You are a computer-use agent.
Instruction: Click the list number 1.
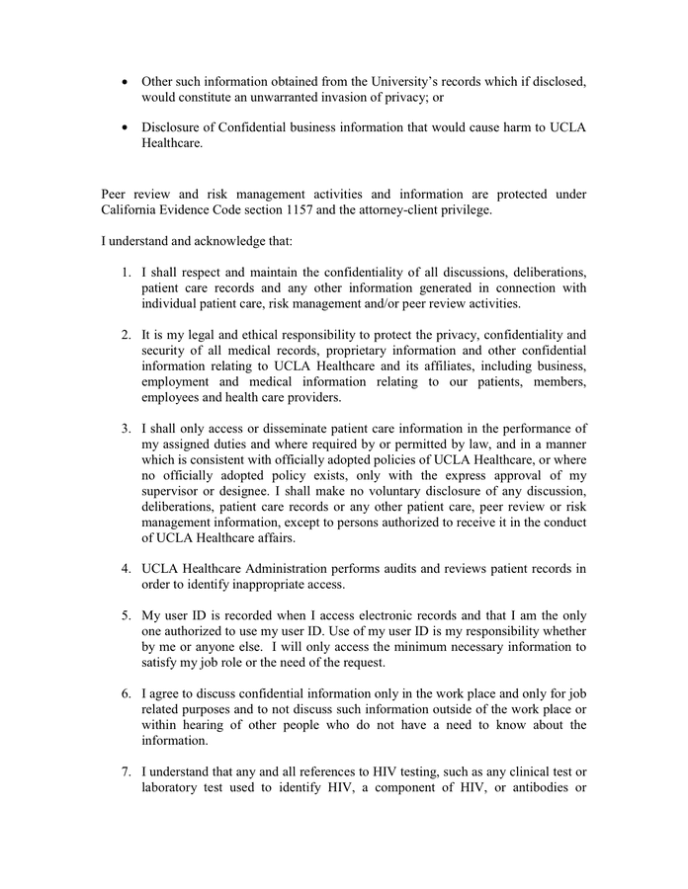click(x=127, y=272)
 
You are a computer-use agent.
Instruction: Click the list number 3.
click(x=127, y=429)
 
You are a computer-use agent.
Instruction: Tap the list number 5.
click(x=127, y=615)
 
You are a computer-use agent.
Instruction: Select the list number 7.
click(x=127, y=771)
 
